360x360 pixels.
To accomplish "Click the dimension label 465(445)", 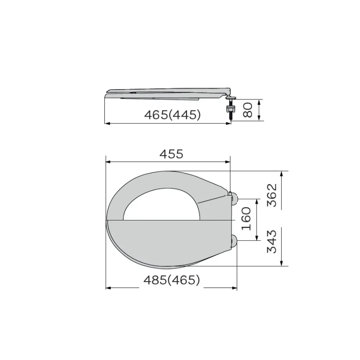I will [172, 115].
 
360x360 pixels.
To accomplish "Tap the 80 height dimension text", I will [247, 110].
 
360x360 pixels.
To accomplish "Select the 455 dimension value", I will [172, 154].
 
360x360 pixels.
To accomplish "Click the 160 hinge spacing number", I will [247, 219].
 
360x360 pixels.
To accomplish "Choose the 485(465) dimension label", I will [171, 280].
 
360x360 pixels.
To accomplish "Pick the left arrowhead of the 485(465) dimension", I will [108, 288].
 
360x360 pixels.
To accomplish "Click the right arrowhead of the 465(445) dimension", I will [229, 123].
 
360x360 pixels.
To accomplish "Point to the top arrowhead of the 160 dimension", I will [256, 201].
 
